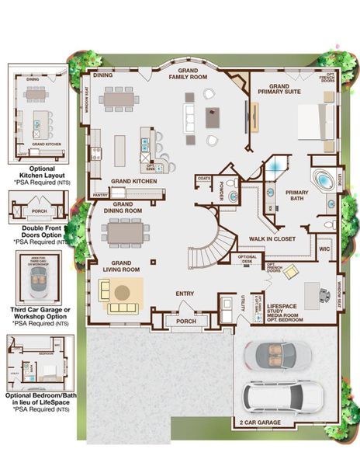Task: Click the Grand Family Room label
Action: [x=189, y=74]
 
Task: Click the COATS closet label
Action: [x=204, y=178]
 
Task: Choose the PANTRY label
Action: [x=99, y=195]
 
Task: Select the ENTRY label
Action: [x=185, y=293]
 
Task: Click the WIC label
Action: [x=324, y=249]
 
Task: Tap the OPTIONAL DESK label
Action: [x=247, y=259]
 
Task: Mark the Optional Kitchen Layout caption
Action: [x=41, y=172]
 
